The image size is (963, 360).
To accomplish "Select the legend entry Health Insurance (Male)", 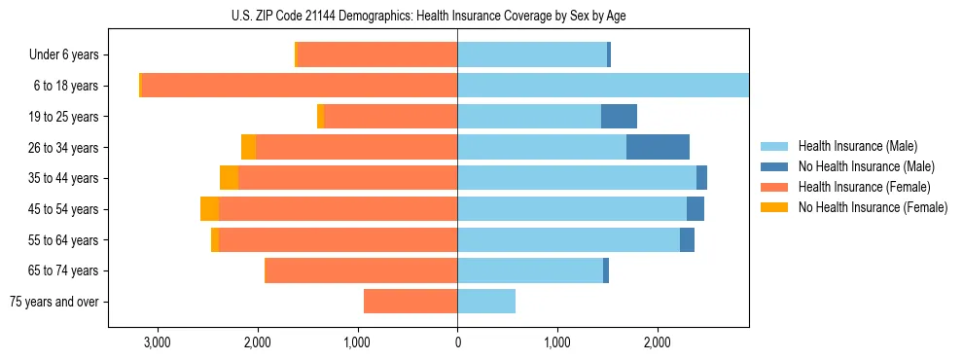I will pyautogui.click(x=856, y=146).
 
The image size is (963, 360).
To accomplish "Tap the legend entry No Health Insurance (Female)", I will pyautogui.click(x=873, y=207).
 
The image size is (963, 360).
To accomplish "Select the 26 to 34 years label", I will pyautogui.click(x=65, y=148).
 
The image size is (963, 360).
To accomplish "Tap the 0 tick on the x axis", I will pyautogui.click(x=457, y=342).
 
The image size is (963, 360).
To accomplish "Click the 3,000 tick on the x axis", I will pyautogui.click(x=157, y=342).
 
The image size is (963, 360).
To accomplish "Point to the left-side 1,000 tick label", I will pyautogui.click(x=357, y=342).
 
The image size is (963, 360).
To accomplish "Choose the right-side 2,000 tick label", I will pyautogui.click(x=658, y=342).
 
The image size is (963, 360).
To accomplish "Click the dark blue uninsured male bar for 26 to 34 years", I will pyautogui.click(x=658, y=148).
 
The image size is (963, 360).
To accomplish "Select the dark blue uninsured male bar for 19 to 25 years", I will pyautogui.click(x=619, y=117).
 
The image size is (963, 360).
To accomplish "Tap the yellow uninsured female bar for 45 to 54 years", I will pyautogui.click(x=209, y=209).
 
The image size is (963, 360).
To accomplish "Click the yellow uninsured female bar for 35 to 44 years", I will pyautogui.click(x=229, y=178).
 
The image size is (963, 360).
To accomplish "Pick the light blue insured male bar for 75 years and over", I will pyautogui.click(x=486, y=302).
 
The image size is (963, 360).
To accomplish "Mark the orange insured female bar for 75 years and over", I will pyautogui.click(x=410, y=302).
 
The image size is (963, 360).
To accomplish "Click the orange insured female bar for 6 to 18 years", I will pyautogui.click(x=300, y=86).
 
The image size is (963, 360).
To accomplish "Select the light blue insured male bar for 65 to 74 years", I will pyautogui.click(x=530, y=270).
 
